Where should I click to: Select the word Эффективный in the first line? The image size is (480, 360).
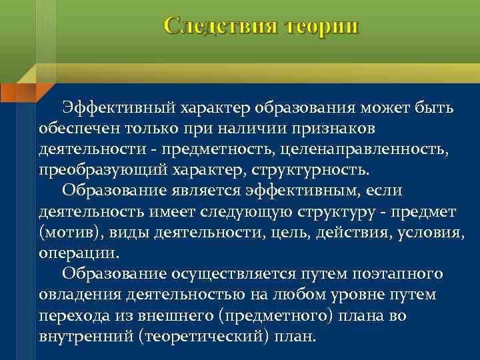pyautogui.click(x=117, y=107)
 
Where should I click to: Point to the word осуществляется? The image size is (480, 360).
pyautogui.click(x=225, y=274)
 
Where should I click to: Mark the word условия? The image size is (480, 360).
pyautogui.click(x=433, y=234)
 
